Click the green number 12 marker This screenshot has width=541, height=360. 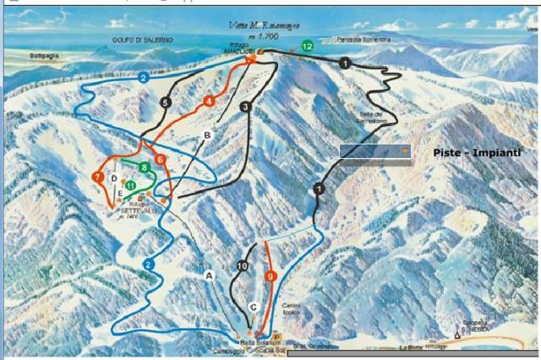pyautogui.click(x=307, y=46)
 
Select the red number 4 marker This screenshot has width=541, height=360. pyautogui.click(x=209, y=101)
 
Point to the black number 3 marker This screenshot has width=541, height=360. pyautogui.click(x=245, y=106)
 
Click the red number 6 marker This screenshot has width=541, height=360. pyautogui.click(x=160, y=159)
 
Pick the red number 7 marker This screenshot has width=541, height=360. pyautogui.click(x=98, y=177)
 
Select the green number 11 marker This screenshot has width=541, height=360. pyautogui.click(x=131, y=185)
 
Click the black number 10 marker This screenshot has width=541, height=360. pyautogui.click(x=243, y=267)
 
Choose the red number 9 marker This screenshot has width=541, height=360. pyautogui.click(x=270, y=275)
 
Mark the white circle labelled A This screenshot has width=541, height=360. pyautogui.click(x=210, y=275)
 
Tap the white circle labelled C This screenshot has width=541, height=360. pyautogui.click(x=253, y=307)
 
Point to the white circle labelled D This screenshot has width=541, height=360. pyautogui.click(x=114, y=177)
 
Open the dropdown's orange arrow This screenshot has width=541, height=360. pyautogui.click(x=406, y=151)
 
